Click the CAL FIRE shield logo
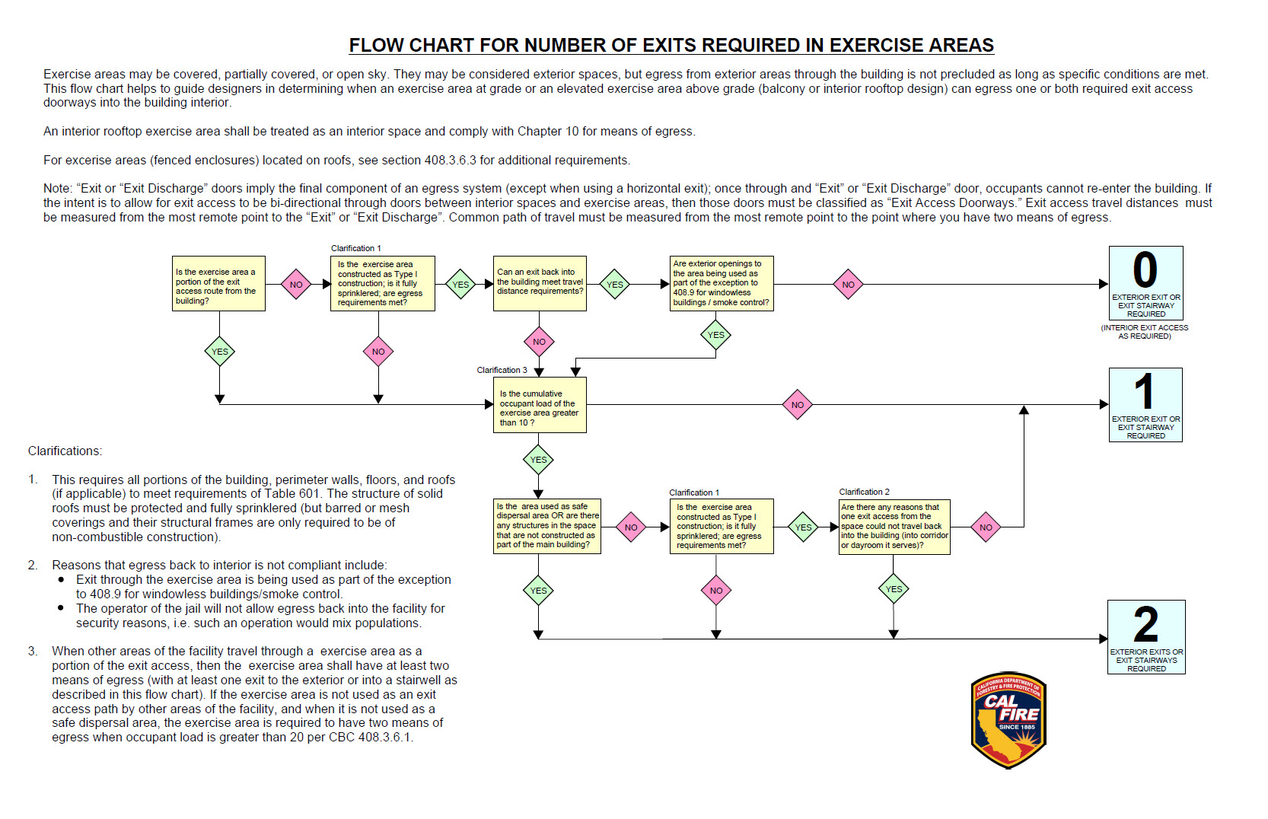point(1008,720)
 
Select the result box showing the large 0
point(1145,283)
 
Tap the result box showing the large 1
point(1145,404)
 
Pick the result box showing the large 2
point(1145,636)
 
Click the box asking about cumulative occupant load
point(540,405)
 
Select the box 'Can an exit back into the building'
point(540,283)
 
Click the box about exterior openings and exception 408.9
point(721,283)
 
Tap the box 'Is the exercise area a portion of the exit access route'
point(218,283)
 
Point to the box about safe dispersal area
point(547,526)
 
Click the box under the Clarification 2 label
point(894,526)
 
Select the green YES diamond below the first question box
point(219,352)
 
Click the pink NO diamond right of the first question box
point(296,285)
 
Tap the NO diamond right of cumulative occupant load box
point(797,405)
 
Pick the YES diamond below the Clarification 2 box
point(894,589)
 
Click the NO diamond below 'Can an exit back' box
point(539,342)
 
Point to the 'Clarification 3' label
point(502,370)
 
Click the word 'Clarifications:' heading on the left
point(65,451)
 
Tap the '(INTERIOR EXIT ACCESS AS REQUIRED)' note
point(1144,332)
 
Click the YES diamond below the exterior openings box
point(715,335)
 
